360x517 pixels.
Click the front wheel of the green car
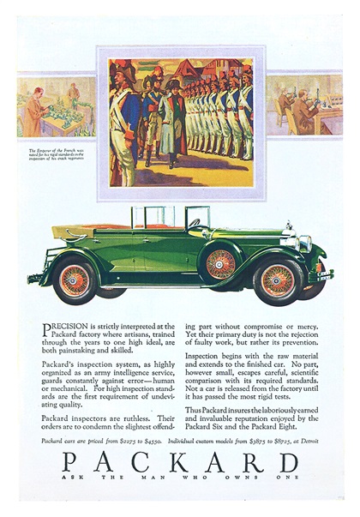coord(278,281)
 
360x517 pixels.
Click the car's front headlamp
coord(304,243)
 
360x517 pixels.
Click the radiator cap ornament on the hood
coord(290,225)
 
